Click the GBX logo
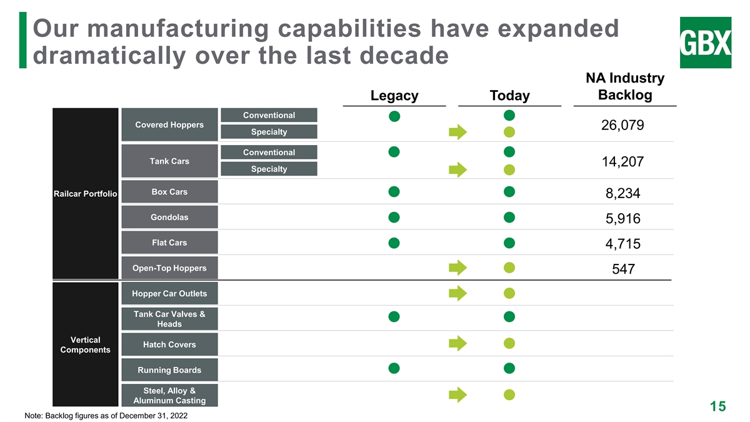click(x=705, y=43)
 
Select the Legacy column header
click(x=394, y=96)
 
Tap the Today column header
click(x=509, y=96)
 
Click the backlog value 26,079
click(x=622, y=125)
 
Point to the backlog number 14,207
click(x=622, y=162)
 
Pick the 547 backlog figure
click(x=622, y=269)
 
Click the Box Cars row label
click(x=169, y=192)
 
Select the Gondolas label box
click(x=169, y=218)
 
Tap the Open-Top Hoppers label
click(x=169, y=268)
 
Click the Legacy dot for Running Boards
click(x=394, y=368)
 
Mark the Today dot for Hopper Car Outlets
click(x=509, y=293)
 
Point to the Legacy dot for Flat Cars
click(x=394, y=243)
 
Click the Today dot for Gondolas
click(x=509, y=217)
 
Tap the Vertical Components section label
click(x=86, y=344)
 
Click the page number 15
click(x=717, y=406)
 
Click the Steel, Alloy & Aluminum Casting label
click(x=169, y=396)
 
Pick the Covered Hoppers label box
click(x=169, y=124)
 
